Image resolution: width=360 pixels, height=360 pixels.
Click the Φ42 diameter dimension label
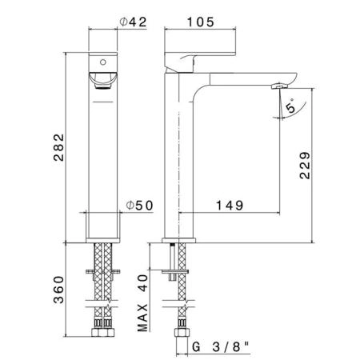(133, 22)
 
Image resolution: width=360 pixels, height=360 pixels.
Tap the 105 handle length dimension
(201, 22)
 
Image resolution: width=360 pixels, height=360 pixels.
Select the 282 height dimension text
(59, 147)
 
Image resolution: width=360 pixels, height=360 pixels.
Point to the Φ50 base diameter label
(139, 206)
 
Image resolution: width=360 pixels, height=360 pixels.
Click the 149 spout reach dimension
(230, 206)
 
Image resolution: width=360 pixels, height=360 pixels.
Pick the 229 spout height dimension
(305, 166)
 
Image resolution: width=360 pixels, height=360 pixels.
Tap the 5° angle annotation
(290, 106)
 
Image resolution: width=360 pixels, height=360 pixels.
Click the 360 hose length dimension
(59, 290)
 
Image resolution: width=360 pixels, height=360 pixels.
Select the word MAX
(142, 318)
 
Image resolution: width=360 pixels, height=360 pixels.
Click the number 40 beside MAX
(142, 283)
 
